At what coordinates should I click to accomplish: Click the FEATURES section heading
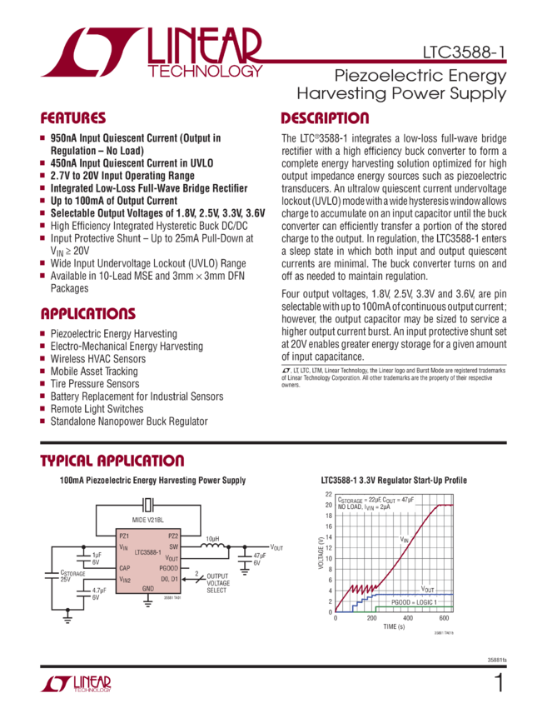(x=73, y=118)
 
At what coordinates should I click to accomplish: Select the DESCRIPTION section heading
(x=324, y=118)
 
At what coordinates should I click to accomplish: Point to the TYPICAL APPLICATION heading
(x=112, y=461)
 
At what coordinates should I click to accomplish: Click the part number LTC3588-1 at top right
(x=464, y=51)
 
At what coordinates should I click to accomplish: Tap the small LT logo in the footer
(x=75, y=685)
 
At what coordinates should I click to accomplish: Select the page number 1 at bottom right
(x=499, y=684)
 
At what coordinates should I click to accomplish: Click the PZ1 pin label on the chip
(x=125, y=536)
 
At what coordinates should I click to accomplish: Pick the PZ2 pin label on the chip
(x=172, y=536)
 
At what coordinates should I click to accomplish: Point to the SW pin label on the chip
(x=174, y=546)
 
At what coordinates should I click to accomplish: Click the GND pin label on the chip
(x=148, y=588)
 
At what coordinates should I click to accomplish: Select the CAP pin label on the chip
(x=125, y=567)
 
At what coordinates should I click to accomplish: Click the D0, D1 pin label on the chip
(x=170, y=577)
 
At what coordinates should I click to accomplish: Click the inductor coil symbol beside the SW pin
(x=213, y=546)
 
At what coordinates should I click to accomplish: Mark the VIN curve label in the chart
(x=404, y=540)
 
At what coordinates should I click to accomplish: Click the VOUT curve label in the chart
(x=426, y=588)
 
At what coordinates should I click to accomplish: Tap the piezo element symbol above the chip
(x=148, y=506)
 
